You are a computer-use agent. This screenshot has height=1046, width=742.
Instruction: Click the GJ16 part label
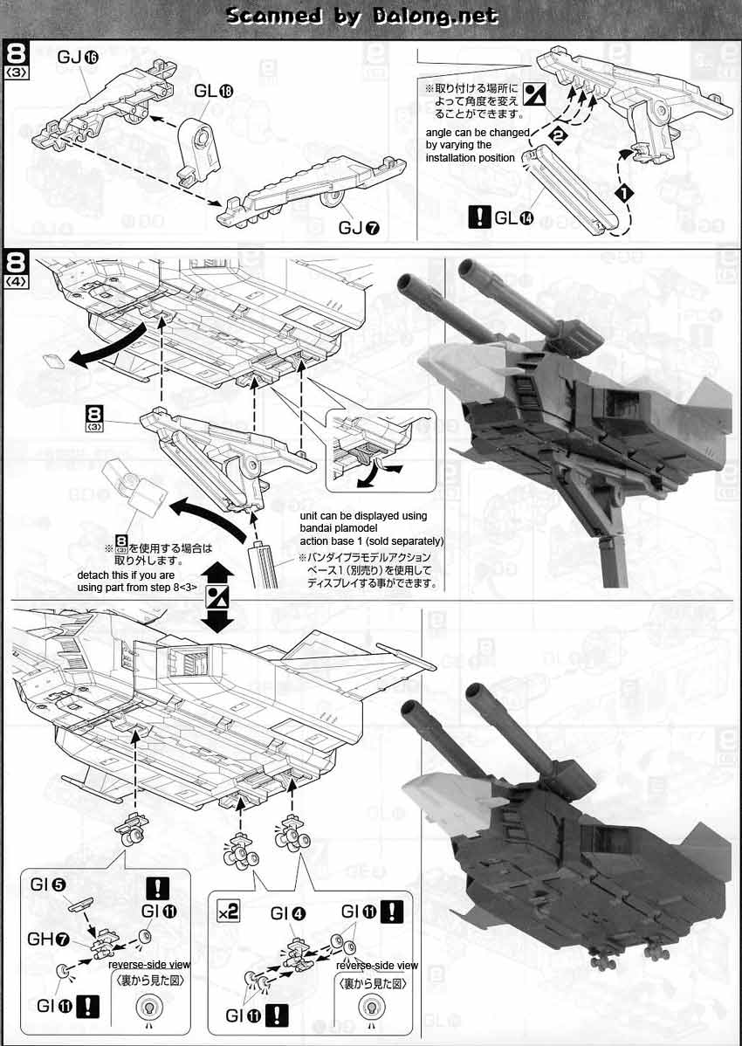(78, 58)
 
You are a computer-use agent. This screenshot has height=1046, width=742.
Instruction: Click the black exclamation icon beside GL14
(477, 217)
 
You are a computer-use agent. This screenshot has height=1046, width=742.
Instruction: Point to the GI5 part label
(51, 884)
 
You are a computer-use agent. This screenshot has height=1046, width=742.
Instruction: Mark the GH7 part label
(52, 939)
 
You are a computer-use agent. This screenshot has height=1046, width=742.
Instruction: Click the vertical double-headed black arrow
(217, 597)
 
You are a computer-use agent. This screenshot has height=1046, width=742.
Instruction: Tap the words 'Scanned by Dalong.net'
(361, 16)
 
